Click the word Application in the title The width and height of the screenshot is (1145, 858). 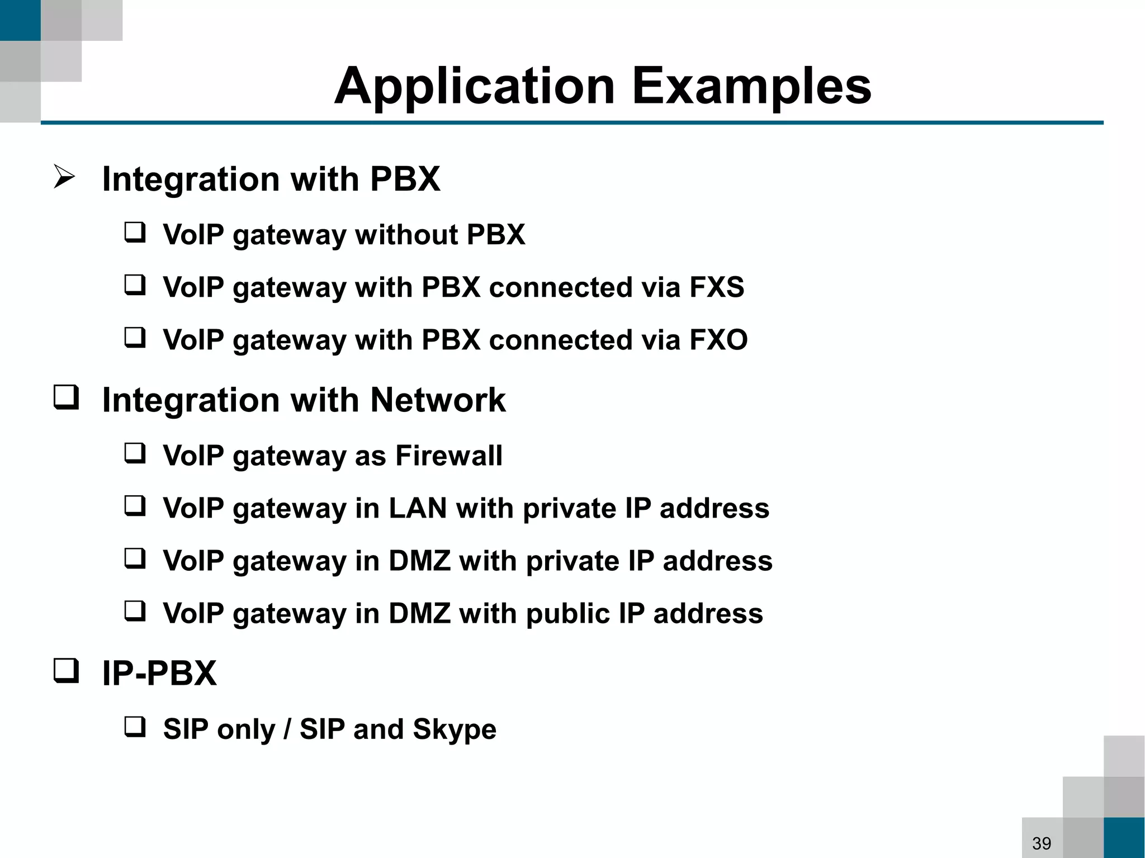tap(475, 87)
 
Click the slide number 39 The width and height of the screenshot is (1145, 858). tap(1042, 843)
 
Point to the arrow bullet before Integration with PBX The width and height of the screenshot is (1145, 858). tap(64, 177)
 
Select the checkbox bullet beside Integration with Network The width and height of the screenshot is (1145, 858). tap(66, 397)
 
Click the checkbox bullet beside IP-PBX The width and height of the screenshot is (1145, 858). tap(66, 670)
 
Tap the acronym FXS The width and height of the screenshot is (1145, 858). tap(716, 287)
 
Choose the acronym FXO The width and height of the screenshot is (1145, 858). tap(718, 340)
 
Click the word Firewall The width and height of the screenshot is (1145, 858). tap(449, 456)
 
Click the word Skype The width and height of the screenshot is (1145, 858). tap(454, 729)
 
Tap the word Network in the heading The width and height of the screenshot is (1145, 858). tap(438, 400)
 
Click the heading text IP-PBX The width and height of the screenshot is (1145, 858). tap(159, 673)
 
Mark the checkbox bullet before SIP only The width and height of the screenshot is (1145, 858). tap(135, 727)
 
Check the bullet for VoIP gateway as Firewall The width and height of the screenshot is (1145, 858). tap(135, 453)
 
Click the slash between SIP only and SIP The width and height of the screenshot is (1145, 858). tap(287, 729)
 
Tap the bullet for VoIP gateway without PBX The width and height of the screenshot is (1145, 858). tap(135, 232)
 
